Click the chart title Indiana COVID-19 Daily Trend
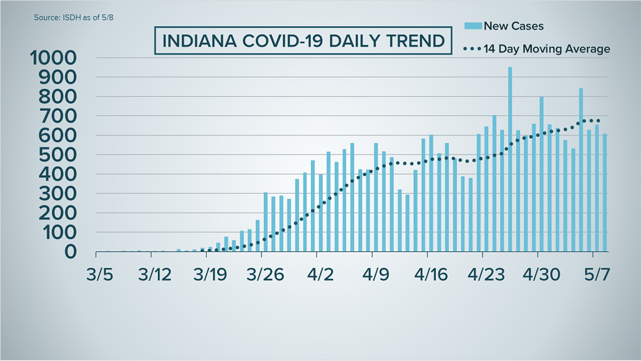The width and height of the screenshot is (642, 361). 303,41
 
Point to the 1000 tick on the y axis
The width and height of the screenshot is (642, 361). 53,58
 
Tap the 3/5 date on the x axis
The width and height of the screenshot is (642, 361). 99,276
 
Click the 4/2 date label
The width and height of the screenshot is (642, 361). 320,276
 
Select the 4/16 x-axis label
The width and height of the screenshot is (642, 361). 430,276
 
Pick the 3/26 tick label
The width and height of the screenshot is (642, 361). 265,276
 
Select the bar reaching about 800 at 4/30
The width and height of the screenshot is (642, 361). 541,174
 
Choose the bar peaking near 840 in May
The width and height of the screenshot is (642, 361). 581,170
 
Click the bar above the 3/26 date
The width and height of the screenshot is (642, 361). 265,222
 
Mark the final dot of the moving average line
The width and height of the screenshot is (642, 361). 598,121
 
